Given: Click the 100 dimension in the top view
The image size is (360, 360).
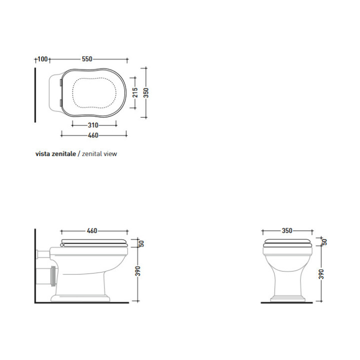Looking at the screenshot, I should [42, 59].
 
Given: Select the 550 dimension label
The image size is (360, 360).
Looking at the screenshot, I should [87, 59].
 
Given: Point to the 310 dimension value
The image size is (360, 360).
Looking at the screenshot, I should [93, 125].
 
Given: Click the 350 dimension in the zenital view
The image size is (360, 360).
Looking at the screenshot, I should [146, 92].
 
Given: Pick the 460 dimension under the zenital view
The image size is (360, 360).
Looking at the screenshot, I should [93, 135].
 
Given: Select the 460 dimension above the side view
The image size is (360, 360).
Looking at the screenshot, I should [92, 231].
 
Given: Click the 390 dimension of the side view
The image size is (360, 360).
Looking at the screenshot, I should [138, 271].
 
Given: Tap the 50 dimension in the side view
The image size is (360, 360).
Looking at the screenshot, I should [141, 243].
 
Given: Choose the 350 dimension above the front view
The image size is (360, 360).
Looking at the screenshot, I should [287, 231].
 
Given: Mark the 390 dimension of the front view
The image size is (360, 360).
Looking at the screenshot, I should [321, 273].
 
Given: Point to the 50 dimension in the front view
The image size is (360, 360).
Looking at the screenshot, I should [324, 241].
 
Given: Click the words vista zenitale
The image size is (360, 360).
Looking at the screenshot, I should [55, 154].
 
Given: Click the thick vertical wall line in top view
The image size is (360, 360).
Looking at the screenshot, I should [35, 95].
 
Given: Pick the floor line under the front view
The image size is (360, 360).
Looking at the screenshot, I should [287, 303].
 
